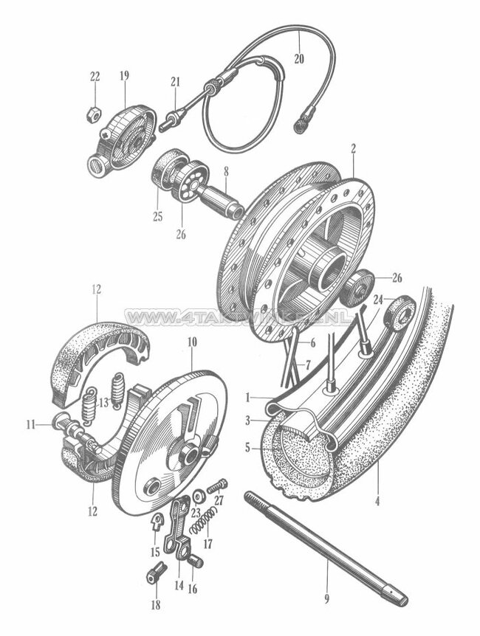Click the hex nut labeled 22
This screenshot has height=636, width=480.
pos(95,114)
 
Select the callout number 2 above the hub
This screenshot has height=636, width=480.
pos(354,148)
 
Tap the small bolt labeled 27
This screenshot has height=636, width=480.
pos(218,487)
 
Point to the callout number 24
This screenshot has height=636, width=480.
pos(378,299)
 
